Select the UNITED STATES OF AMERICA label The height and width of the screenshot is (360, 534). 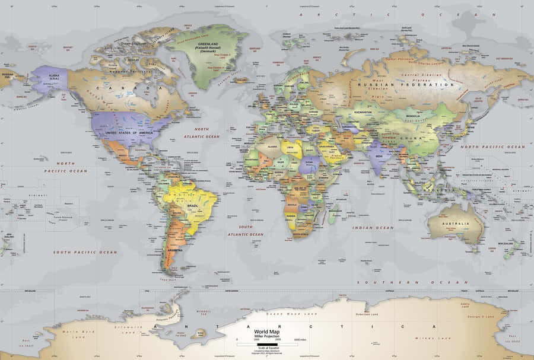[129, 133]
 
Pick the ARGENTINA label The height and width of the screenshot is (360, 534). [175, 251]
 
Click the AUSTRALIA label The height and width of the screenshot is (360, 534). [457, 224]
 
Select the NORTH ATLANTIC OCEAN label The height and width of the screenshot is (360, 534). [202, 132]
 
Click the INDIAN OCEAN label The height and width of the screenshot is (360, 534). [373, 228]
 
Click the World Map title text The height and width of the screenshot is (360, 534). [265, 332]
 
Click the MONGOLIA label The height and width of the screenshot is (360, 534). [413, 116]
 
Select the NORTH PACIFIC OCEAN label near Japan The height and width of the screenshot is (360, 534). [492, 146]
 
